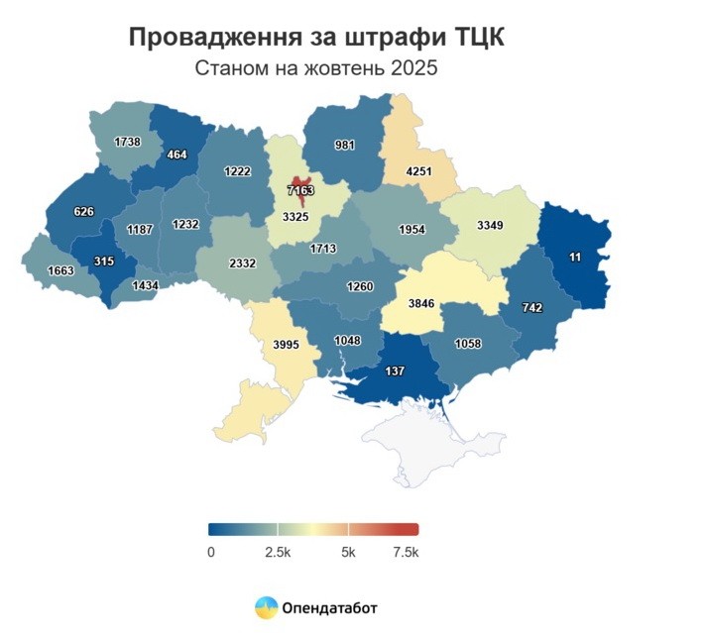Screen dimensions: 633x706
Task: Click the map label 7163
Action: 299,188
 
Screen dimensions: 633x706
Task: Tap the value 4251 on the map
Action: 421,171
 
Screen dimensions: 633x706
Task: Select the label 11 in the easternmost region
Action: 576,257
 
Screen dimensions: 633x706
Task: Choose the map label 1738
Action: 127,143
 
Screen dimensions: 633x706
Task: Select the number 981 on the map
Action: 344,145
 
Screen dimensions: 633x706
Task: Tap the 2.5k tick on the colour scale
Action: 278,551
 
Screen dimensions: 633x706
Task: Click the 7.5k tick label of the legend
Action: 406,551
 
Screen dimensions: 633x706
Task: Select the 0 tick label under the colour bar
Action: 210,551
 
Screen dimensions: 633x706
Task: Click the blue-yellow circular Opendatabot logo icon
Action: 267,607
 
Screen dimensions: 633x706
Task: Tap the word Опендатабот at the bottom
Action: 330,608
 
